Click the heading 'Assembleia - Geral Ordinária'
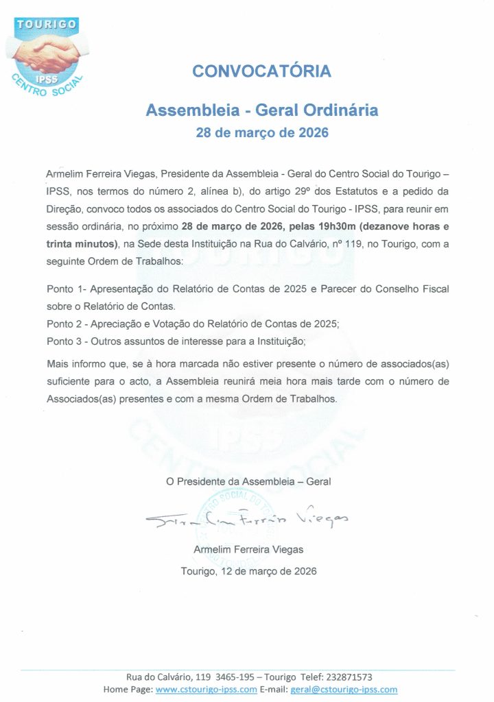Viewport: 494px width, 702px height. point(262,110)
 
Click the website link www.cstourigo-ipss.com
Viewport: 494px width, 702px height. point(207,689)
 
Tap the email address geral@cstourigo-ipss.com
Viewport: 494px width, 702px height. point(344,689)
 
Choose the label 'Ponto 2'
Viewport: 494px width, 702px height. point(64,322)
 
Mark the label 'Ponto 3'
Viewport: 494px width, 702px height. point(64,339)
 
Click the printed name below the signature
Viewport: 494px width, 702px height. point(248,549)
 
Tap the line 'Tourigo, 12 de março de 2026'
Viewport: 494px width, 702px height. point(248,571)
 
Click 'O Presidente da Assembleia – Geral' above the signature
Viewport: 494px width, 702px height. point(248,481)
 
